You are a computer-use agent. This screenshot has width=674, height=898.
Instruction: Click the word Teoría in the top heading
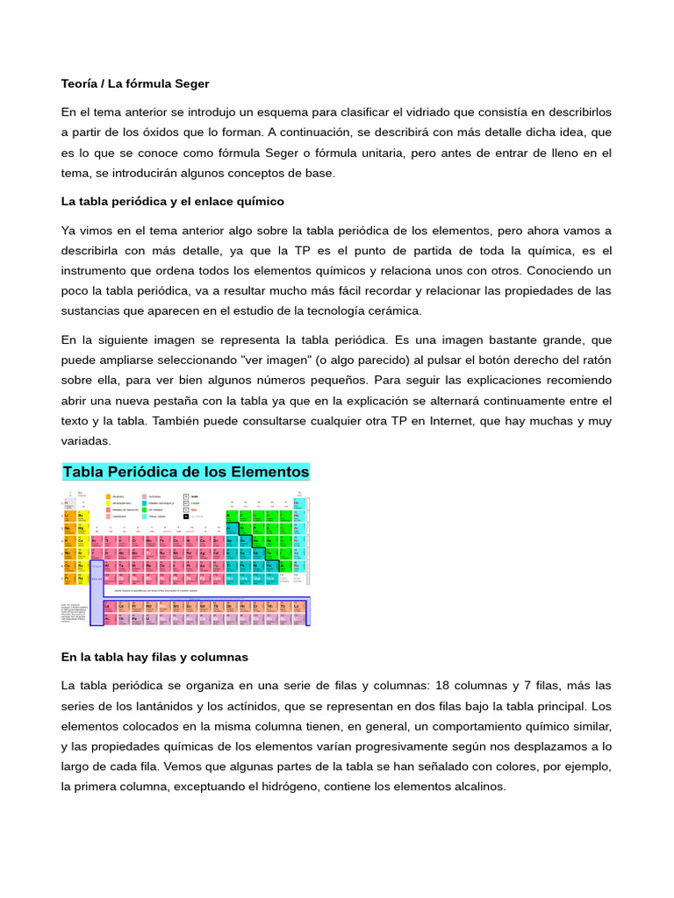point(81,83)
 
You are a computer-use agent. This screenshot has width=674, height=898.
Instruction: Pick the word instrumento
point(99,271)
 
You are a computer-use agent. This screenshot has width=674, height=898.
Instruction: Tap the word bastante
point(485,340)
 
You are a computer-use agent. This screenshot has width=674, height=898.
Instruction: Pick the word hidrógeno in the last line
point(282,787)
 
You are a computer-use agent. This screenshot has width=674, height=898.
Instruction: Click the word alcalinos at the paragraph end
point(478,787)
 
